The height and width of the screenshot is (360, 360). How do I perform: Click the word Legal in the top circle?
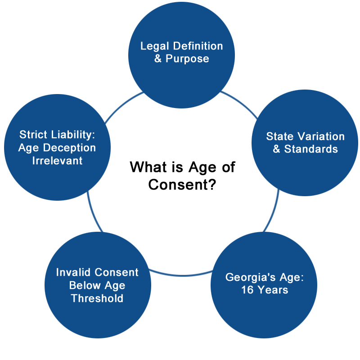[155, 47]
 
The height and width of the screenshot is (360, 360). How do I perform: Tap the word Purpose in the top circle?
[187, 59]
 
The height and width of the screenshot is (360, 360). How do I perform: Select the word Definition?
[198, 46]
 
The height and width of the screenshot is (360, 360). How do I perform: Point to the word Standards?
[311, 149]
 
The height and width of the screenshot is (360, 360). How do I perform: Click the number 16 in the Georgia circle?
[247, 290]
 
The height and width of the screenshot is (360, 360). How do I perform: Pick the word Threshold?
[97, 298]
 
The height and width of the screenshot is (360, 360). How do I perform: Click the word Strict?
[33, 135]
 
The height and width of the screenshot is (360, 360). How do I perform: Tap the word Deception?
[69, 148]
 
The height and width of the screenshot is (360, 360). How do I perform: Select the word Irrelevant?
[57, 161]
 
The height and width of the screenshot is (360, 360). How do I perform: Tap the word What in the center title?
[148, 167]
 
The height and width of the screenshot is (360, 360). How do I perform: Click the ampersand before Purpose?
[158, 58]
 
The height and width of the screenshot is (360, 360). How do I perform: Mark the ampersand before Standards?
[276, 149]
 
